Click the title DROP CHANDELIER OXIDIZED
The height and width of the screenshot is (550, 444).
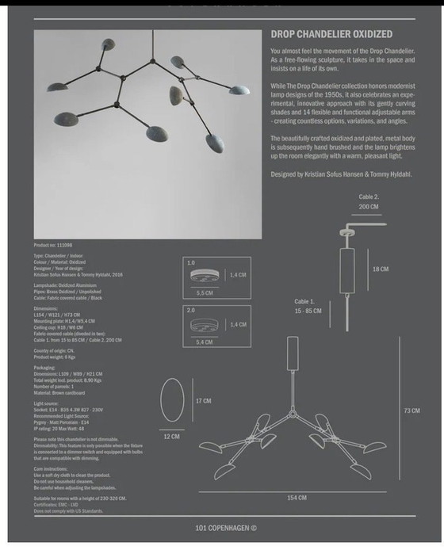tap(331, 35)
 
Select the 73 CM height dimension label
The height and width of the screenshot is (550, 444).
tap(411, 411)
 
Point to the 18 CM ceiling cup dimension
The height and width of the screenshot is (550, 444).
tap(381, 269)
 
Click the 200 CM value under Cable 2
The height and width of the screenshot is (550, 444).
tap(369, 206)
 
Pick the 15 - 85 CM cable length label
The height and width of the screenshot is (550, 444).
tap(308, 311)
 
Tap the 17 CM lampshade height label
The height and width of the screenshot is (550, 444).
tap(204, 401)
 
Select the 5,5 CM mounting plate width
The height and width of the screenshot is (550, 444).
tap(205, 292)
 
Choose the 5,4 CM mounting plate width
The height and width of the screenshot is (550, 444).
tap(205, 342)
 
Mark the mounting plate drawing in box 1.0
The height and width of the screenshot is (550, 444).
tap(205, 274)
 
